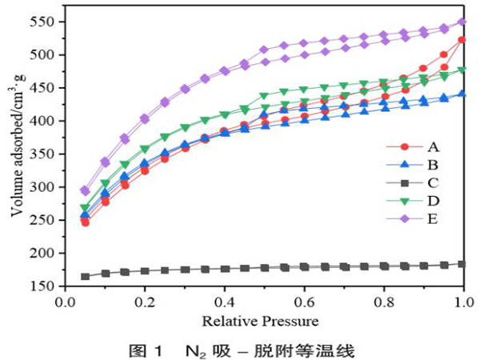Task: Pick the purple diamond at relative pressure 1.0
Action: tap(462, 22)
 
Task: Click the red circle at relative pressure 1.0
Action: tap(462, 40)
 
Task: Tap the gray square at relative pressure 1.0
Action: tap(462, 263)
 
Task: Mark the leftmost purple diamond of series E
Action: tap(85, 190)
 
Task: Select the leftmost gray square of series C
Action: tap(85, 276)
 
